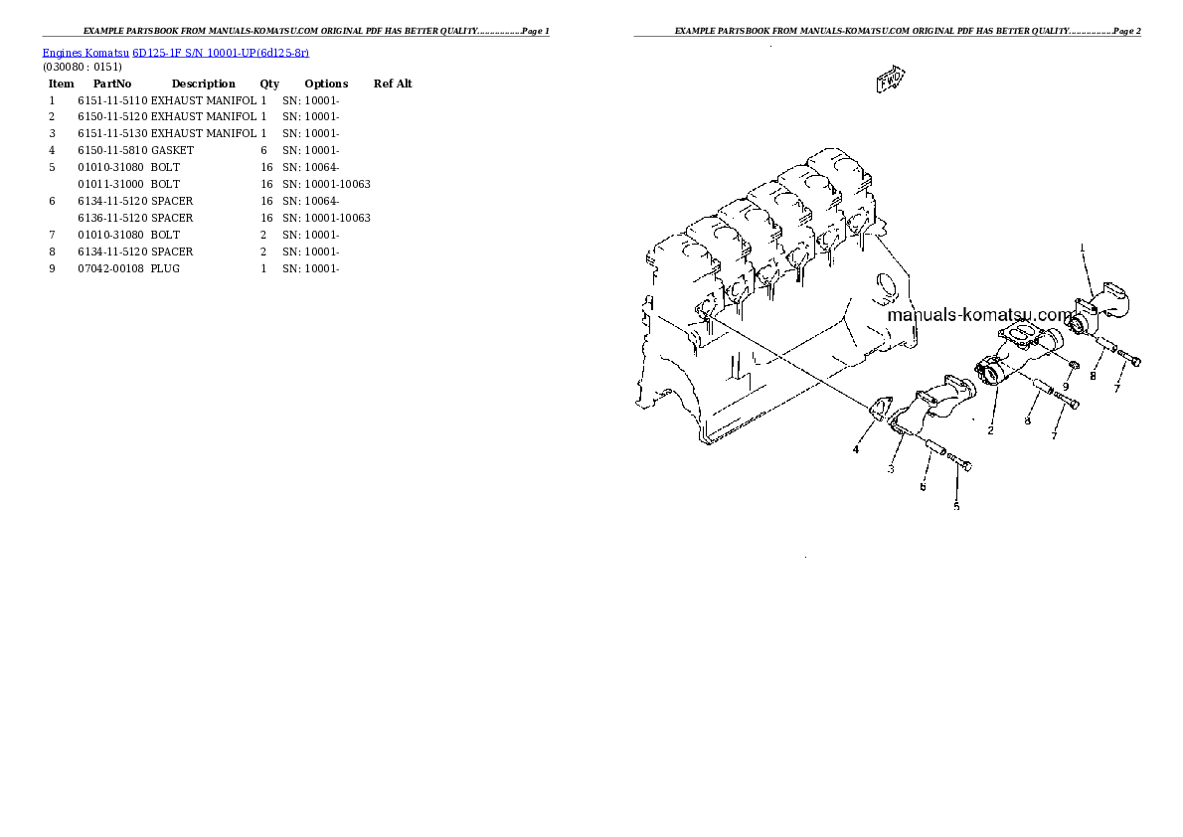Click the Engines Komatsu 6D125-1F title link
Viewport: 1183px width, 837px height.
click(175, 53)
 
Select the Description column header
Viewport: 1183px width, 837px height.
click(203, 84)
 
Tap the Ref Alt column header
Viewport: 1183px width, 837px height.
click(393, 84)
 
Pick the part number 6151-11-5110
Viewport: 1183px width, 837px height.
click(112, 100)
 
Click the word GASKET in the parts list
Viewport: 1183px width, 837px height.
click(172, 150)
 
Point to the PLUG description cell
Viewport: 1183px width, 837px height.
click(165, 268)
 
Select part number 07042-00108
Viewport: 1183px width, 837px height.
click(112, 268)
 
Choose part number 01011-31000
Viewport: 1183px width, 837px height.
click(112, 184)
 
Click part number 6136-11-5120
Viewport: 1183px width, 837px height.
click(112, 218)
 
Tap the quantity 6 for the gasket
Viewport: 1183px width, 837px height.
click(263, 150)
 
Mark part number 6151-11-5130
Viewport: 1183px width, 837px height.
click(112, 133)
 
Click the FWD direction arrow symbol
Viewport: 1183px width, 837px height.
click(890, 80)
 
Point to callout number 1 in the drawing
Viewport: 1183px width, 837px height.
click(1083, 247)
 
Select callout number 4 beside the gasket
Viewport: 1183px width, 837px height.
click(855, 450)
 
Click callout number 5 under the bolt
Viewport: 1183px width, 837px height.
click(956, 507)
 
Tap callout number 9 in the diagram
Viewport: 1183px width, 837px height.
click(1066, 387)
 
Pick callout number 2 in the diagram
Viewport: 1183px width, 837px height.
click(990, 430)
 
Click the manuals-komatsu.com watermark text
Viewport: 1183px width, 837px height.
click(979, 315)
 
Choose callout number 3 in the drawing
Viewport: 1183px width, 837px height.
click(891, 468)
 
